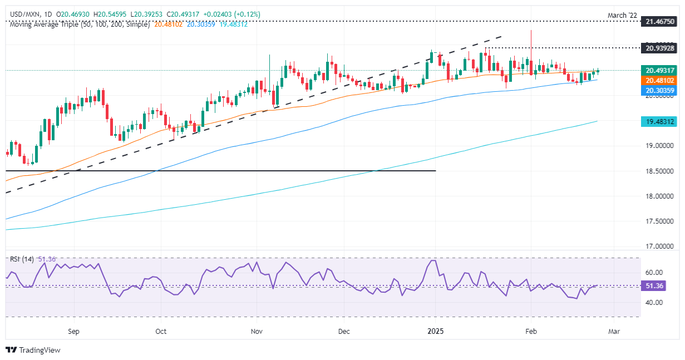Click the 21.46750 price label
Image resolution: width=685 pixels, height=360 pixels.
point(659,21)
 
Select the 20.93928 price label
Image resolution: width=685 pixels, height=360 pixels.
point(659,48)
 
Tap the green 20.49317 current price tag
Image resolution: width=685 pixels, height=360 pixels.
point(659,70)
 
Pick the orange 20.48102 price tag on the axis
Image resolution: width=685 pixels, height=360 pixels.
point(659,81)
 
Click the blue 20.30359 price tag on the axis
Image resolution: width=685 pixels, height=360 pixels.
point(659,90)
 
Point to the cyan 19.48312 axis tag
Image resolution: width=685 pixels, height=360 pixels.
point(659,122)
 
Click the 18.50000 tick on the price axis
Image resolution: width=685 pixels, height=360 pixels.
point(659,171)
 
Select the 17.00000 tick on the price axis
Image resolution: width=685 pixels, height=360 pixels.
point(659,246)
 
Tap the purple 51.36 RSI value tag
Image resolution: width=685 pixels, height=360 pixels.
point(653,286)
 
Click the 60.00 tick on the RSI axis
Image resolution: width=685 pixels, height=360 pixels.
point(654,273)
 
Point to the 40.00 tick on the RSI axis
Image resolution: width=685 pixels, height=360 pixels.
point(654,303)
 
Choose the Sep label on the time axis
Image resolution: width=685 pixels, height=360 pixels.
point(73,331)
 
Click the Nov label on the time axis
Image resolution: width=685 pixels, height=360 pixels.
point(257,331)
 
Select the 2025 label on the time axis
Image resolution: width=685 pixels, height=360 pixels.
point(436,331)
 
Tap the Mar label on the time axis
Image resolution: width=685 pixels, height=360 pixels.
point(614,331)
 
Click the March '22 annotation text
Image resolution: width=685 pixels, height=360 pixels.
point(622,15)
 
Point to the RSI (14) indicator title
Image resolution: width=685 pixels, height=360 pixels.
point(22,259)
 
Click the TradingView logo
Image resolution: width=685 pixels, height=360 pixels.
point(33,350)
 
